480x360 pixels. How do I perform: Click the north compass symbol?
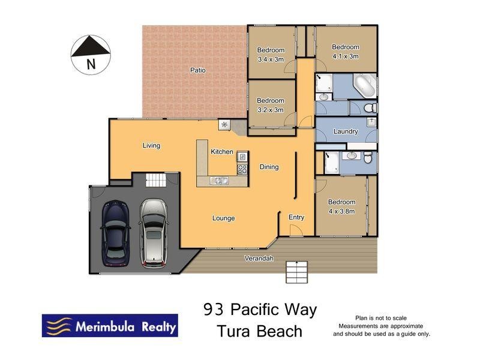(x=91, y=53)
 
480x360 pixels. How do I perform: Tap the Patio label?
(x=198, y=70)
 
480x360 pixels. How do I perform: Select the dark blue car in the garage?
(x=114, y=233)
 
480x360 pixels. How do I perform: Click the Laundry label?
(x=346, y=131)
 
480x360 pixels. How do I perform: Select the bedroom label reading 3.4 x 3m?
(x=271, y=55)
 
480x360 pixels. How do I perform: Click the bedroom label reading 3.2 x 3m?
(x=270, y=105)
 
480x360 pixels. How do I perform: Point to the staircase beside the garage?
(x=155, y=179)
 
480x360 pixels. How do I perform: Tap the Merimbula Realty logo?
(x=109, y=326)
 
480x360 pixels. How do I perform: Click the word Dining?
(x=269, y=167)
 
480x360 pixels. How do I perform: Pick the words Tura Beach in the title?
(x=259, y=331)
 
